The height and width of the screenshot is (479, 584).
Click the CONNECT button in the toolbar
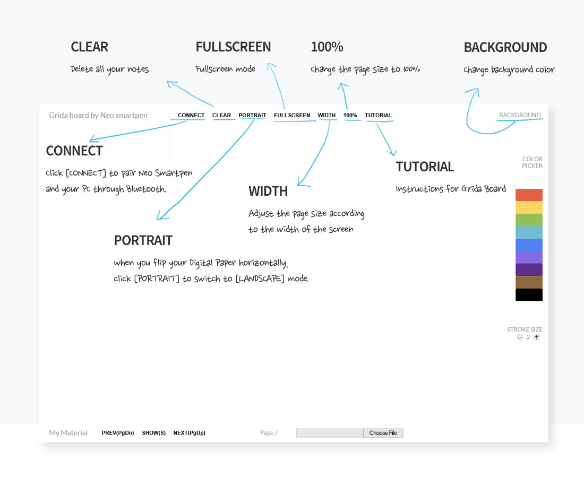(x=191, y=116)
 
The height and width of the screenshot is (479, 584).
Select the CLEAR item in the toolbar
(x=221, y=116)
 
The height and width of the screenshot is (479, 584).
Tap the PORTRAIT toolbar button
(x=253, y=116)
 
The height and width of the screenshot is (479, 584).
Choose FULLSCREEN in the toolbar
(x=292, y=116)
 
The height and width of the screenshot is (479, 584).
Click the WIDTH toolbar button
(x=327, y=116)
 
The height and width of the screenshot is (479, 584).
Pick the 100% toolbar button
(x=350, y=116)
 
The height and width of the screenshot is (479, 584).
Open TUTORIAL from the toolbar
(x=379, y=116)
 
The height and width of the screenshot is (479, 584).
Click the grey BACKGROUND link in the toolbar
(x=520, y=115)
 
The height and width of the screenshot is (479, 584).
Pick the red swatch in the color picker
(x=529, y=195)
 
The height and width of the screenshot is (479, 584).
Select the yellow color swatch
(x=529, y=207)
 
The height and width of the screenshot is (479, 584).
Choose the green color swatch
(x=529, y=220)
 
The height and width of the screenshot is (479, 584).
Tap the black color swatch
(x=529, y=295)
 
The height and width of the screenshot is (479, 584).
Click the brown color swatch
(x=529, y=283)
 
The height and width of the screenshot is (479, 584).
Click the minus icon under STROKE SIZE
(x=520, y=337)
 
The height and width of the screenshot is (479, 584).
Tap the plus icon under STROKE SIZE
(x=537, y=337)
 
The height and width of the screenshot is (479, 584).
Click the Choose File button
(x=383, y=433)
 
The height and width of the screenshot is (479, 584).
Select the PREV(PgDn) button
(x=118, y=433)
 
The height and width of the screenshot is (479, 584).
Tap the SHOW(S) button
(x=154, y=433)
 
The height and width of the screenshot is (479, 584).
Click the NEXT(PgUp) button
(x=190, y=433)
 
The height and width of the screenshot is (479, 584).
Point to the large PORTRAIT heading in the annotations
(x=143, y=240)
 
